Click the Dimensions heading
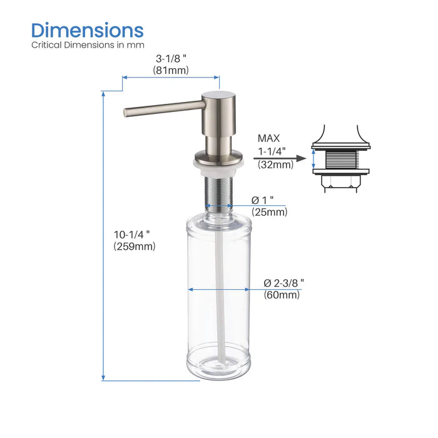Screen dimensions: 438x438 pyautogui.click(x=88, y=29)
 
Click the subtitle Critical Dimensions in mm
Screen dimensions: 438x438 pyautogui.click(x=88, y=45)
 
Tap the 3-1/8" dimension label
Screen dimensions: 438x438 pyautogui.click(x=171, y=59)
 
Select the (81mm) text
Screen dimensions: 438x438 pyautogui.click(x=171, y=71)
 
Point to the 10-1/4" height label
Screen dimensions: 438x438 pyautogui.click(x=132, y=234)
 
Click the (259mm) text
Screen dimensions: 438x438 pyautogui.click(x=135, y=246)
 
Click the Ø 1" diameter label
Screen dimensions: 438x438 pyautogui.click(x=264, y=200)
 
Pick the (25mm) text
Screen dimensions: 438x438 pyautogui.click(x=270, y=212)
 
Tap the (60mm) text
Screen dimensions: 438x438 pyautogui.click(x=282, y=295)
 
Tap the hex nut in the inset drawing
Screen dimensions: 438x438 pyautogui.click(x=342, y=182)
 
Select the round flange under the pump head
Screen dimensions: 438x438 pyautogui.click(x=218, y=158)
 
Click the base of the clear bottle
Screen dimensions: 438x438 pyautogui.click(x=218, y=369)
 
